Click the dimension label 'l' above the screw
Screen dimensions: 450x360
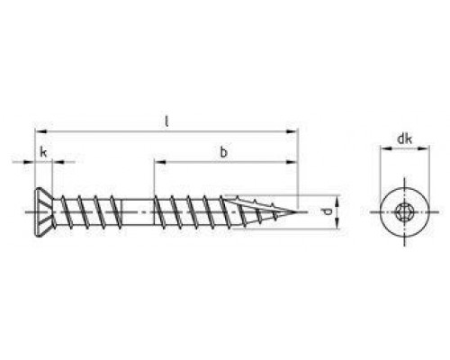(166, 121)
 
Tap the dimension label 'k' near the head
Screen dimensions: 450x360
(43, 152)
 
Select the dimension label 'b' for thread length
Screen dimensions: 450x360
(223, 152)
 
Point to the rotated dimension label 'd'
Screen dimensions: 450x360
(328, 211)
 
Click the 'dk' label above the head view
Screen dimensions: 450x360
(405, 139)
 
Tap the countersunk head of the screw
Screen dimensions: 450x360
(44, 212)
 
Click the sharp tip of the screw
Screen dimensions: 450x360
(297, 212)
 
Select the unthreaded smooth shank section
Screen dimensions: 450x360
(138, 211)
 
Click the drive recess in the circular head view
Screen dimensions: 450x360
(405, 211)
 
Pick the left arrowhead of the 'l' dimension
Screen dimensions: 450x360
(40, 131)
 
